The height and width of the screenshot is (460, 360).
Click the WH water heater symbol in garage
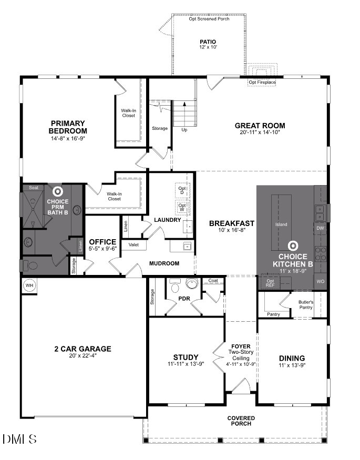[x=28, y=285]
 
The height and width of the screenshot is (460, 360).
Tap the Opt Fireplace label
[x=262, y=83]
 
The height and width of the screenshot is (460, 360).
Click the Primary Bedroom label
[x=68, y=127]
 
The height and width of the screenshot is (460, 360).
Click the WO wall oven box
[x=320, y=282]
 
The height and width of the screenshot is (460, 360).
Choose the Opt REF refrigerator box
[x=271, y=282]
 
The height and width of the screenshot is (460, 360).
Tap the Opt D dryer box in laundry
[x=182, y=190]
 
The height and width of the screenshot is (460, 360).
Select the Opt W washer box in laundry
[x=182, y=207]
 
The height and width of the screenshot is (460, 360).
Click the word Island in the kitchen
[x=281, y=224]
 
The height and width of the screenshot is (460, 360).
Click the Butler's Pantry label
[x=306, y=304]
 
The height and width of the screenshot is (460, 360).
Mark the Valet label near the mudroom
[x=133, y=245]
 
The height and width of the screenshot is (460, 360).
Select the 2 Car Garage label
[x=83, y=349]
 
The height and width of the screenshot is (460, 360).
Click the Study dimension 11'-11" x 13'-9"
[x=186, y=363]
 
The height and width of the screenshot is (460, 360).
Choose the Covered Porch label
[x=241, y=421]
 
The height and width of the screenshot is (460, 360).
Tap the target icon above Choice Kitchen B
[x=293, y=246]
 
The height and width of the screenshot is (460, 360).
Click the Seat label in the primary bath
[x=34, y=188]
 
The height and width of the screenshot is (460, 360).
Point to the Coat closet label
[x=213, y=281]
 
